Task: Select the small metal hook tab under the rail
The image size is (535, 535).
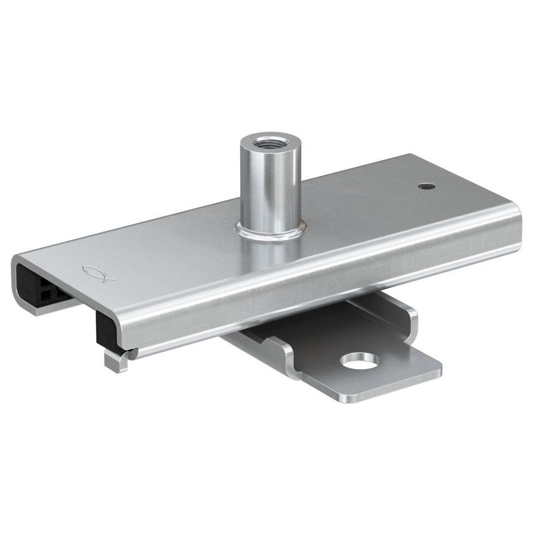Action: tap(115, 361)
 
